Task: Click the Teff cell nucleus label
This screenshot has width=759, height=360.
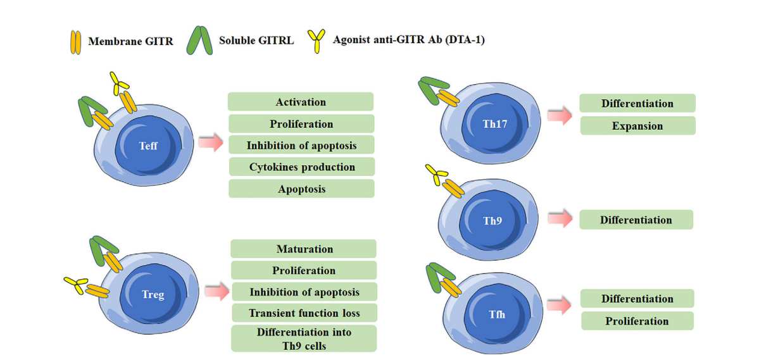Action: click(x=148, y=146)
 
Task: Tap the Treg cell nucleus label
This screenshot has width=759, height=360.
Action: click(x=153, y=295)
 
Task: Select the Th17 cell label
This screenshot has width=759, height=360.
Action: click(x=495, y=124)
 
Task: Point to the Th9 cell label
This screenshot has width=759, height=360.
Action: click(x=492, y=221)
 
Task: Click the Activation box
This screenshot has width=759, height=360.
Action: click(x=301, y=102)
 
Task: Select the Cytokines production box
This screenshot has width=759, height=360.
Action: click(x=301, y=167)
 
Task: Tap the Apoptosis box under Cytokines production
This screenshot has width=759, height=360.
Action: click(x=301, y=189)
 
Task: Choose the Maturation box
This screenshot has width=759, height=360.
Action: click(x=304, y=249)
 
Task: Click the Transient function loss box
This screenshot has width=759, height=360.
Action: click(x=304, y=313)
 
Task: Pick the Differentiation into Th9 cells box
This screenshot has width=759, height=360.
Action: click(x=304, y=338)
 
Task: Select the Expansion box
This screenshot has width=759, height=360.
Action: click(x=637, y=126)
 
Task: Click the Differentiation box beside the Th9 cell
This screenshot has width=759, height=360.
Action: click(x=636, y=220)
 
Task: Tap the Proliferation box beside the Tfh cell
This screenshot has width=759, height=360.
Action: click(x=637, y=321)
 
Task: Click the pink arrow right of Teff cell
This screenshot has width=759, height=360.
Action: click(x=211, y=143)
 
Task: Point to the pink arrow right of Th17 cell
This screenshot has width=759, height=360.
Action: click(x=560, y=116)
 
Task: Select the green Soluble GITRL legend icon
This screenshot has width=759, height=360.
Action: click(x=199, y=40)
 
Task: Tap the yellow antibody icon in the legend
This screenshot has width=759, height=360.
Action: click(x=315, y=40)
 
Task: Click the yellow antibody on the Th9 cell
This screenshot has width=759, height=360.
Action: click(x=437, y=175)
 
